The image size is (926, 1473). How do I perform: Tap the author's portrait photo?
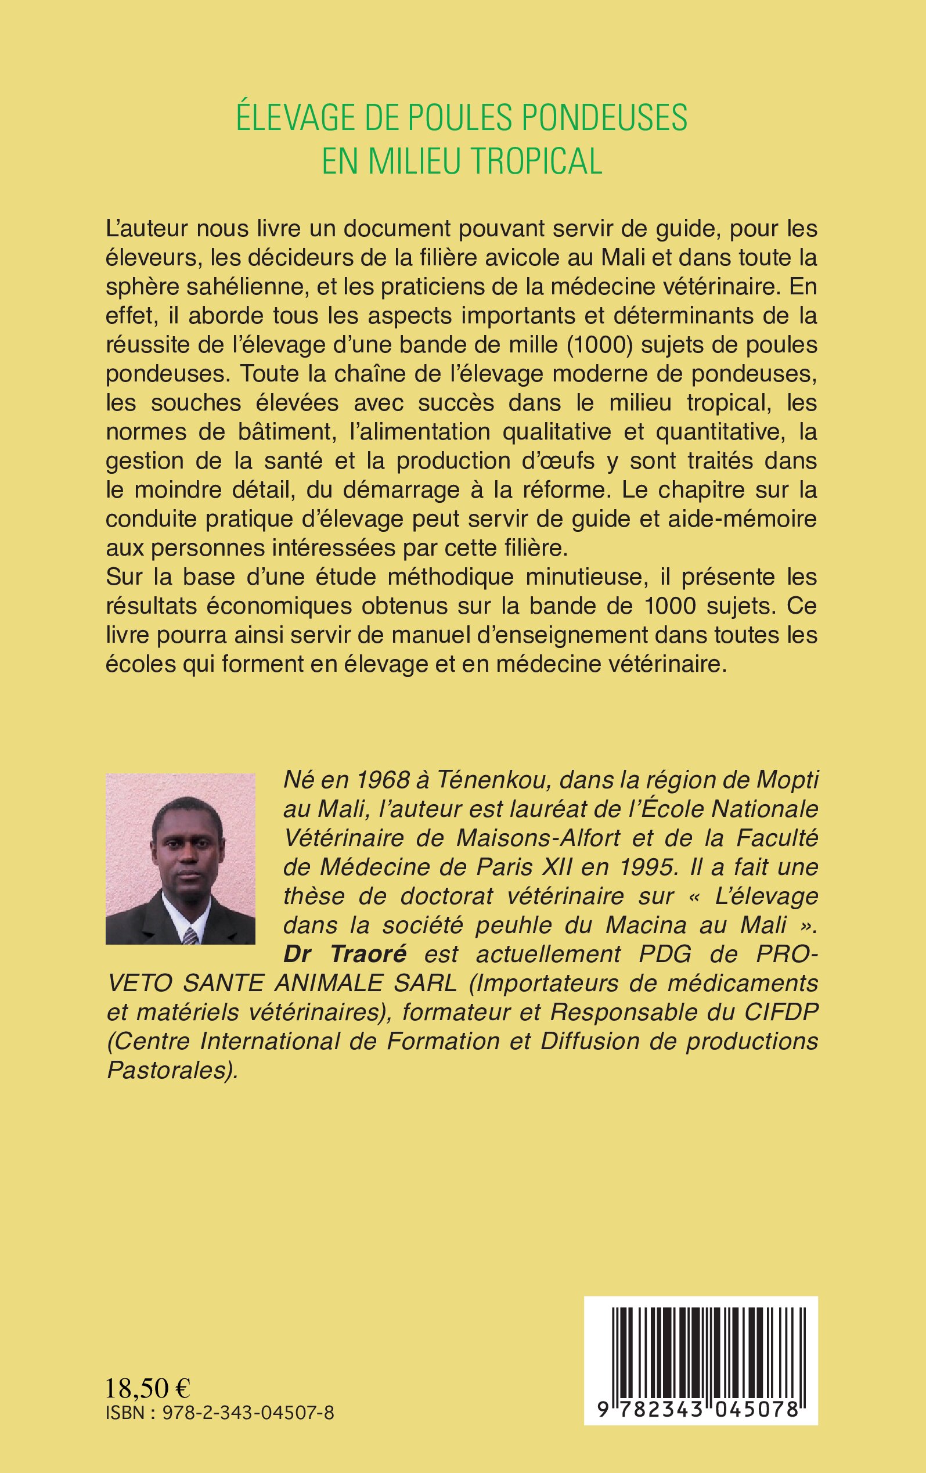tap(181, 859)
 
